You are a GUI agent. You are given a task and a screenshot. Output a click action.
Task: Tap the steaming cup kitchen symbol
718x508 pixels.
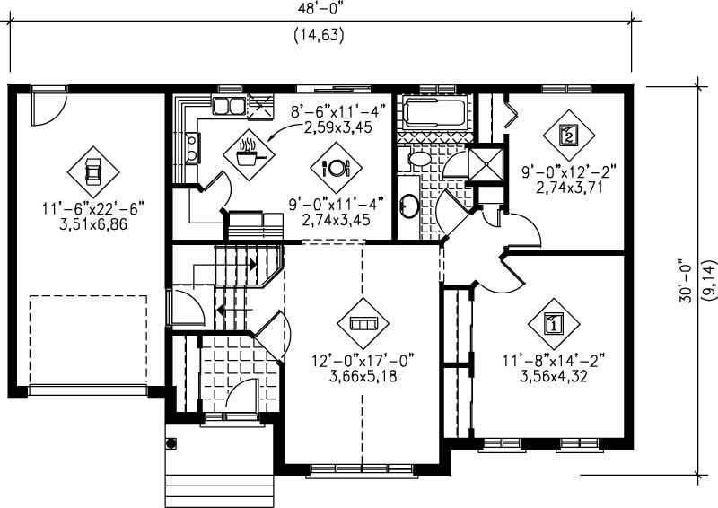click(x=246, y=153)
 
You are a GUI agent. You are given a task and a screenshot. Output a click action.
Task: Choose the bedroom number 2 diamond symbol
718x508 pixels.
click(x=568, y=135)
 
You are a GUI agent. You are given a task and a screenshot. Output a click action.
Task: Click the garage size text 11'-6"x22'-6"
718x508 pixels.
click(x=92, y=208)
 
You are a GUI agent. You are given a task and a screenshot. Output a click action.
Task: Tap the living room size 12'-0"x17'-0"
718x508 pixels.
click(x=361, y=361)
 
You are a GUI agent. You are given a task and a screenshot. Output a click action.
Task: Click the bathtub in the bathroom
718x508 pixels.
click(x=434, y=113)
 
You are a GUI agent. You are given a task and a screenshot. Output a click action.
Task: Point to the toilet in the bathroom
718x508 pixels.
click(x=419, y=160)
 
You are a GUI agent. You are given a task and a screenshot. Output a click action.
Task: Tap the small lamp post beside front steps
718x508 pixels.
click(x=171, y=442)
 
